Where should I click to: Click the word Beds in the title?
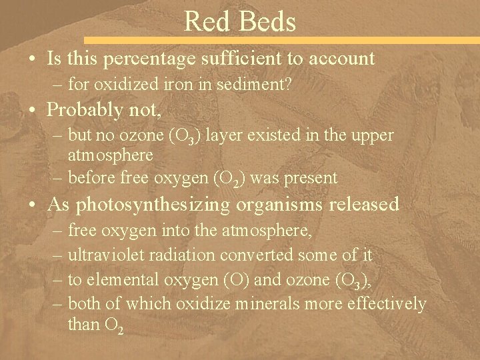(265, 21)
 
